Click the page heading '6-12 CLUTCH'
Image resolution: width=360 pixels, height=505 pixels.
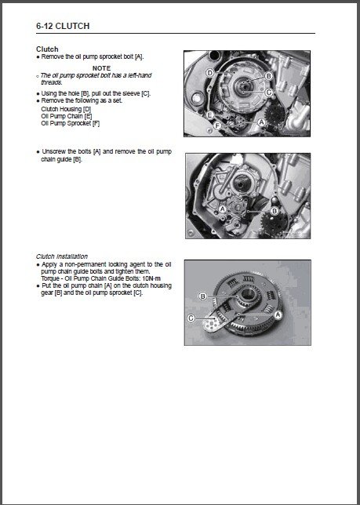click(x=63, y=26)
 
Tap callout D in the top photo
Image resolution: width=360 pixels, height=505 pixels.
click(x=209, y=72)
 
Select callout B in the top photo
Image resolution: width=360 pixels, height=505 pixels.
click(x=268, y=76)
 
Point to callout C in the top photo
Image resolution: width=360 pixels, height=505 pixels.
click(x=269, y=92)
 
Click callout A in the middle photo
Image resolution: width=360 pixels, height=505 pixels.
click(x=224, y=209)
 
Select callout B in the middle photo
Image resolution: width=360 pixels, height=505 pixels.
click(x=274, y=210)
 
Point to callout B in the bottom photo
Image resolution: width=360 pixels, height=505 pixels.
click(x=202, y=296)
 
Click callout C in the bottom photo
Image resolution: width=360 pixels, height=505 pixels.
click(x=191, y=318)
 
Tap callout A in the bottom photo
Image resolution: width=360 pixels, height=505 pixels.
click(x=278, y=313)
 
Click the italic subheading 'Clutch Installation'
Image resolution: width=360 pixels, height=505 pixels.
click(x=62, y=256)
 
